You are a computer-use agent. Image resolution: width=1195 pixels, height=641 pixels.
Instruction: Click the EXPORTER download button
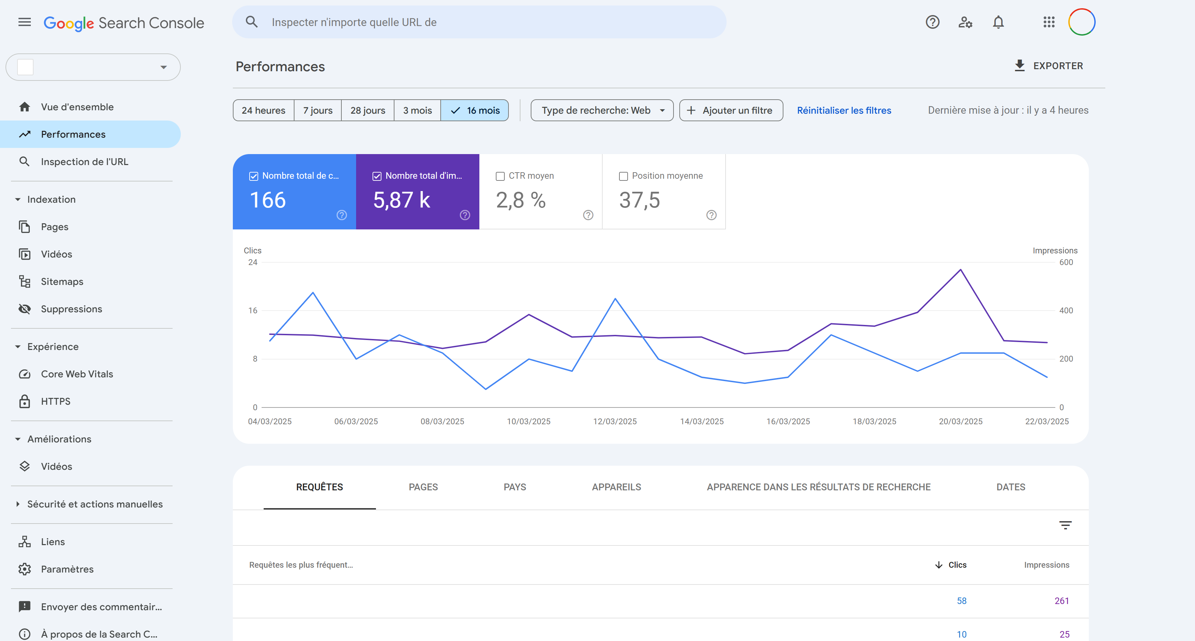(1048, 66)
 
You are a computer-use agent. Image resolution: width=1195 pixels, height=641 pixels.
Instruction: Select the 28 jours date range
(367, 110)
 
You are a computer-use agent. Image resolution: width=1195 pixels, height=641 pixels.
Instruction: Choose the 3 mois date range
(417, 110)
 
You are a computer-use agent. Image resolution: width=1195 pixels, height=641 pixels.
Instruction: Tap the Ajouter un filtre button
(731, 110)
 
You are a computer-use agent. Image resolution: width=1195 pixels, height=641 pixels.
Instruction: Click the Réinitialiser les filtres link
(844, 110)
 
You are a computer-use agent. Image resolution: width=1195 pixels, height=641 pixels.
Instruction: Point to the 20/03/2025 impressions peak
(960, 269)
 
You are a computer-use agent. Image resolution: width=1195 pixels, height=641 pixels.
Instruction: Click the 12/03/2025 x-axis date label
(615, 421)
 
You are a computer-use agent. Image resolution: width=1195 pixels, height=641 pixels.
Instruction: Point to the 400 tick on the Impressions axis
(1066, 310)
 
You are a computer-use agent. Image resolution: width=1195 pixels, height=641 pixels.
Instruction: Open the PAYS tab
(514, 487)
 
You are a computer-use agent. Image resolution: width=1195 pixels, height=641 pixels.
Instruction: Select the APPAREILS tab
(616, 487)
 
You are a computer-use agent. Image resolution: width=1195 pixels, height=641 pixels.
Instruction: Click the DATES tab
(1010, 487)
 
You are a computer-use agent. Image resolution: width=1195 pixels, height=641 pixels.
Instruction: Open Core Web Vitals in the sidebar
(77, 374)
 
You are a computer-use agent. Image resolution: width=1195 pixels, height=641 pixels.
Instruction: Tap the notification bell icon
(998, 22)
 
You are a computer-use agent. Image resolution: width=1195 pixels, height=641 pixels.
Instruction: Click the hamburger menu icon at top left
(25, 22)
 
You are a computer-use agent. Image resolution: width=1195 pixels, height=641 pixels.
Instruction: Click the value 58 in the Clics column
(961, 601)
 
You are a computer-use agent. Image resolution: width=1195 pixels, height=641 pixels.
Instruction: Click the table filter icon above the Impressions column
(1065, 525)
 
